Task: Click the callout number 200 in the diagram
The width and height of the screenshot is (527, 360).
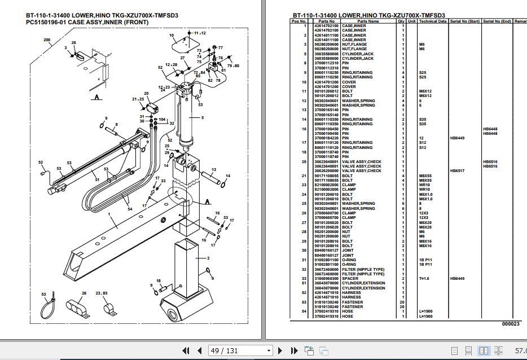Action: pos(47,40)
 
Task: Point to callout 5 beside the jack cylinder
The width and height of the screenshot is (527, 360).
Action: pos(202,117)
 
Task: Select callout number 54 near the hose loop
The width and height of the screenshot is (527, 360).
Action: pos(130,209)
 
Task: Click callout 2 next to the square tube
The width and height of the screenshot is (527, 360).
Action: pos(208,258)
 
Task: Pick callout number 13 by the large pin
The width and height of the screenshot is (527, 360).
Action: pos(214,169)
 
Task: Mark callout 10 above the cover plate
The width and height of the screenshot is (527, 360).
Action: pos(172,36)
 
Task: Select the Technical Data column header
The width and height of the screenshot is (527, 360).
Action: pos(433,21)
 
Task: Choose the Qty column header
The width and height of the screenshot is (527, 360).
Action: pos(401,21)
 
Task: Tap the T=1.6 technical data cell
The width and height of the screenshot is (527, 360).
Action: pos(425,278)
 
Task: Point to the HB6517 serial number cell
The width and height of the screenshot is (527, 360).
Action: pos(457,170)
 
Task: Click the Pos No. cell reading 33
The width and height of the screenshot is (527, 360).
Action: pos(305,278)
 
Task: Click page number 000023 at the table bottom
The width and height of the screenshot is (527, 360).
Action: pos(511,324)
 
